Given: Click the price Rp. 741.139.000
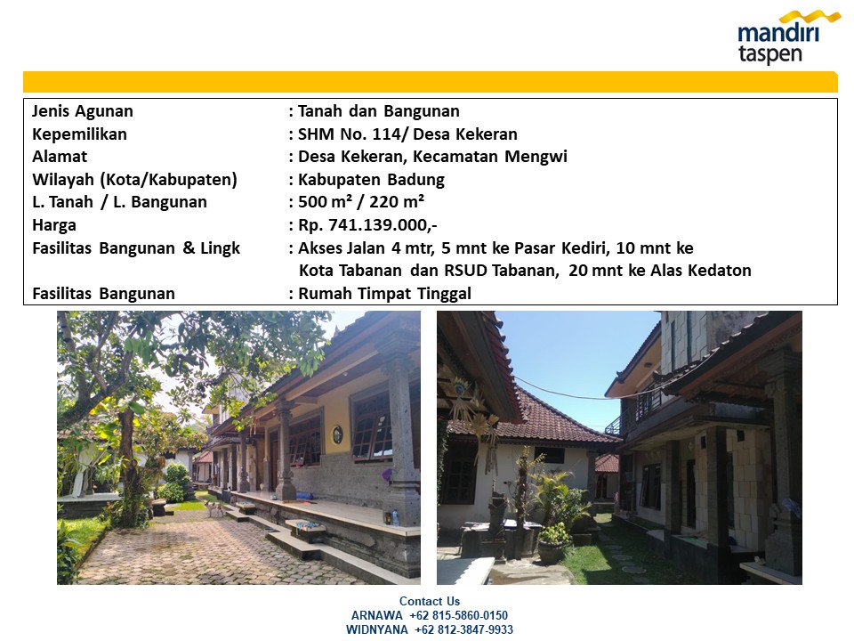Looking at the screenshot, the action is [x=367, y=225].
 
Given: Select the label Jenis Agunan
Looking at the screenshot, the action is [x=82, y=111].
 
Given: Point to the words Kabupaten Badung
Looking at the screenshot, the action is [x=371, y=179].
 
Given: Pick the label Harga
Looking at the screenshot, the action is [x=54, y=225].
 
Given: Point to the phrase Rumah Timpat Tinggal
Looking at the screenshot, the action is [x=384, y=294].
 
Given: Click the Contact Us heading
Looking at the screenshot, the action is [x=429, y=601].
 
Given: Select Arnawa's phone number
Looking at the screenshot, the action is [x=459, y=615].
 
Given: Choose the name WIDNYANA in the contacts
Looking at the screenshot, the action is [x=376, y=629].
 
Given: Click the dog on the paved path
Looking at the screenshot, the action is [x=214, y=507].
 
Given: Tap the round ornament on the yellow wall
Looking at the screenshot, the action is [x=338, y=434].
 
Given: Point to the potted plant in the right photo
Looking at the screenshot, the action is [x=554, y=542].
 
